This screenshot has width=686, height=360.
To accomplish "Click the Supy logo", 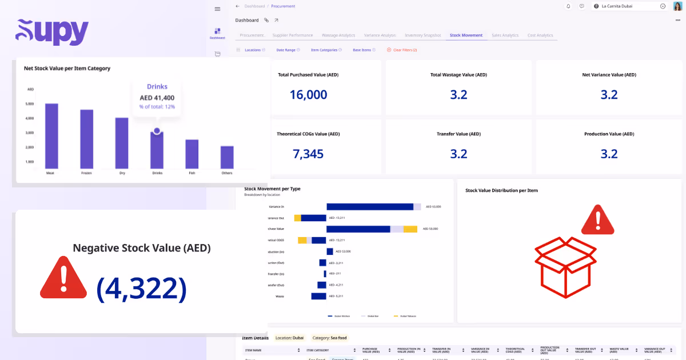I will click(x=52, y=32).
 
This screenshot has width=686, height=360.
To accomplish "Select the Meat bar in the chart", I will click(x=51, y=136).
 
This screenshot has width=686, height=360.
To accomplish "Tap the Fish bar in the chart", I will click(x=192, y=154).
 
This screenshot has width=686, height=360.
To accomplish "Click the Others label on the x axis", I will click(x=227, y=173).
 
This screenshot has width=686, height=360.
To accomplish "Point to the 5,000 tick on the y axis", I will click(x=30, y=104).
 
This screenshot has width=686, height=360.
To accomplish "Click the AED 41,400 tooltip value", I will click(x=157, y=98).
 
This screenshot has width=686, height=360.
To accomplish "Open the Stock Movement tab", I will click(x=466, y=35).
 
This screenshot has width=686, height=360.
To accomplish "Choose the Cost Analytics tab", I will click(x=540, y=35).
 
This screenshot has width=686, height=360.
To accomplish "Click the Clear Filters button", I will click(x=402, y=50).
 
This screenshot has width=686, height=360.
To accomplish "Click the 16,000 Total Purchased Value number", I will click(x=308, y=95).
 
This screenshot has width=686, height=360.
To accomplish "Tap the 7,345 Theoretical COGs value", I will click(x=308, y=154).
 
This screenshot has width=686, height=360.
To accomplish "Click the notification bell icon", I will click(x=568, y=6).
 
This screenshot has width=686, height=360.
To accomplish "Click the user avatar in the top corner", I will click(x=677, y=6).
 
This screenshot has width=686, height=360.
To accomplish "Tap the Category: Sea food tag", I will click(x=329, y=338).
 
